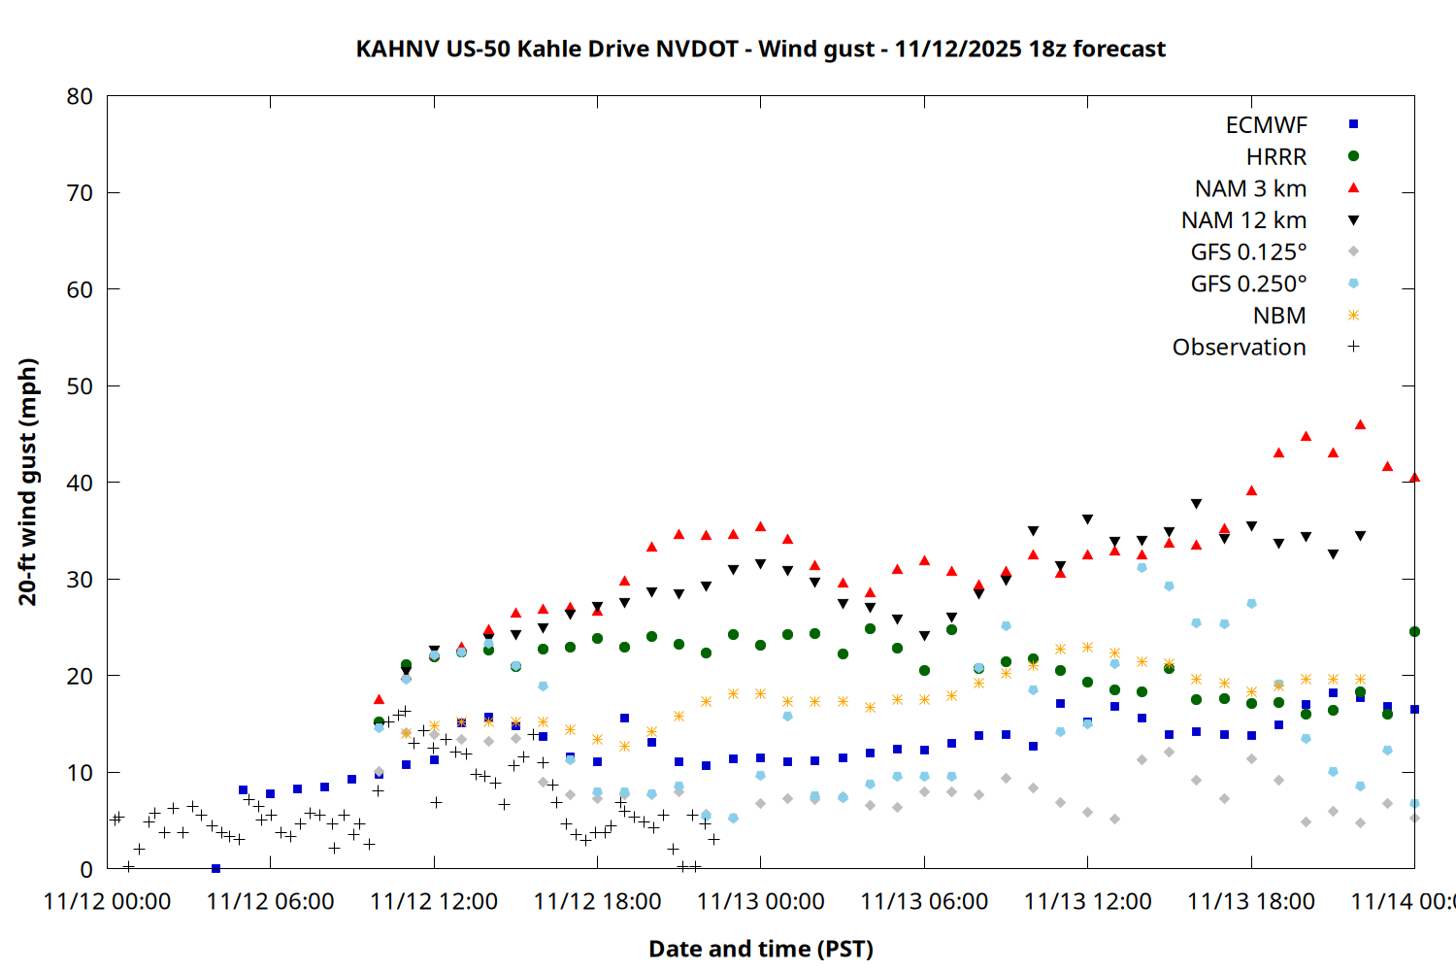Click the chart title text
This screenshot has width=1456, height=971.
click(x=760, y=49)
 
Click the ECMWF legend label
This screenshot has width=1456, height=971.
click(x=1266, y=125)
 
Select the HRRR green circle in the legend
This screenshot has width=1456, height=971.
click(x=1353, y=156)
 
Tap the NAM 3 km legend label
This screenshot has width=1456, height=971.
click(x=1250, y=188)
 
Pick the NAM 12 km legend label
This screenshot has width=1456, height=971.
click(x=1243, y=220)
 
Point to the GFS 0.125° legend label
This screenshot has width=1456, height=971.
click(x=1248, y=252)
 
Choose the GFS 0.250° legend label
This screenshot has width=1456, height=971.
click(x=1248, y=284)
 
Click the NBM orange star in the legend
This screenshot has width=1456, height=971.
click(x=1353, y=316)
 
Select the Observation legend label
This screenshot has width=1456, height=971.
click(x=1239, y=348)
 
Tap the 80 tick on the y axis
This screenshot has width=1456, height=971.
click(x=80, y=96)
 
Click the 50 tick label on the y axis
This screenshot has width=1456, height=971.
click(x=80, y=385)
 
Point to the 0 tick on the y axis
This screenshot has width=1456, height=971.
click(x=86, y=869)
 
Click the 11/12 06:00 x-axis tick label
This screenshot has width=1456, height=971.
click(x=270, y=902)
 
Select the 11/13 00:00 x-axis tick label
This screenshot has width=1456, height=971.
click(x=760, y=902)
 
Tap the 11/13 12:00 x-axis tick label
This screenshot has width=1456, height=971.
click(x=1087, y=902)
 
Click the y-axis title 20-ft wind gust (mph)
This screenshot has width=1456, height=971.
click(x=28, y=482)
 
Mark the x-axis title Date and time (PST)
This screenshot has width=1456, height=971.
click(x=760, y=949)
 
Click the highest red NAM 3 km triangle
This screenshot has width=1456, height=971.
click(x=1360, y=424)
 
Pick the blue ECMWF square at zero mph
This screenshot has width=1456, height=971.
click(x=215, y=868)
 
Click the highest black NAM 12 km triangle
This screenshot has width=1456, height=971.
click(x=1196, y=504)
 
